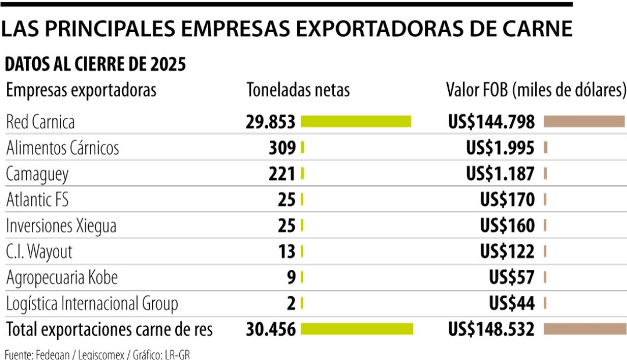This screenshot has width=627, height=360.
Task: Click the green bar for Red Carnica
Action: click(356, 121)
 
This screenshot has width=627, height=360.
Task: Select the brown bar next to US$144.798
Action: click(584, 121)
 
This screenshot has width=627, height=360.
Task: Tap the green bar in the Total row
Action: click(356, 329)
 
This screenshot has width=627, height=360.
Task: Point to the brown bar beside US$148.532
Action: click(585, 329)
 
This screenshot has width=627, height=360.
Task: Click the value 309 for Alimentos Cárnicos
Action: click(282, 148)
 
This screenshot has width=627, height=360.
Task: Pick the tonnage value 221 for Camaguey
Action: click(282, 174)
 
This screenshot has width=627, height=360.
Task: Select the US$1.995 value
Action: click(500, 148)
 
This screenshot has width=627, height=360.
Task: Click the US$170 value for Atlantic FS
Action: click(507, 200)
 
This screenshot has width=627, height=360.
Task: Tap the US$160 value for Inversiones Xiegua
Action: click(507, 226)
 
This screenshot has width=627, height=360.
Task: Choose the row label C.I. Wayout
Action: click(39, 251)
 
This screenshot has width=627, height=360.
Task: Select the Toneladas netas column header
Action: click(298, 90)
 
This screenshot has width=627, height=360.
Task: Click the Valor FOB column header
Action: click(536, 90)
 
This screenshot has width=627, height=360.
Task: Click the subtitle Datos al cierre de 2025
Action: click(96, 64)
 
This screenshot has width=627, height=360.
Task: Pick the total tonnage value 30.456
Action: click(271, 329)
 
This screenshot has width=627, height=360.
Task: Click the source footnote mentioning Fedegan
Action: click(97, 354)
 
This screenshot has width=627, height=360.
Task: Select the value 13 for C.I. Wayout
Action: click(287, 251)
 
